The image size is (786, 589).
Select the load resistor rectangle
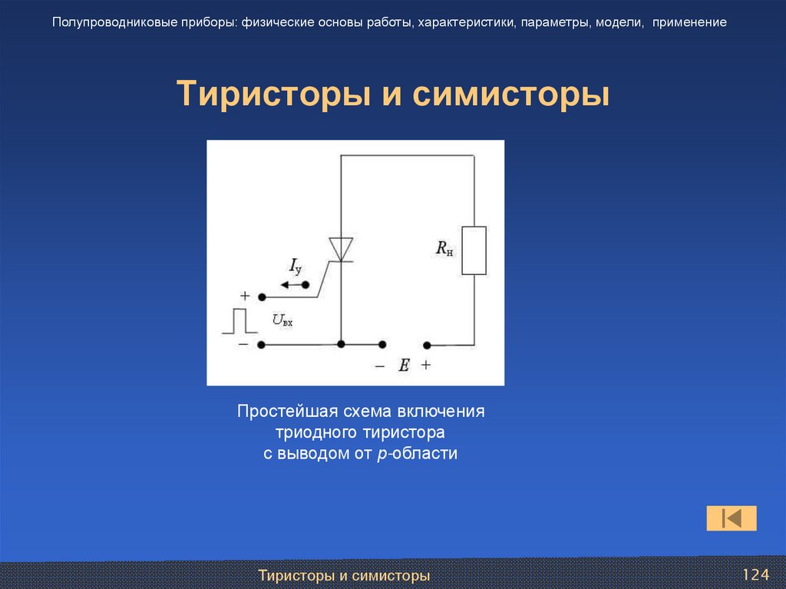click(x=474, y=250)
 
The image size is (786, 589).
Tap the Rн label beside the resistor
click(x=445, y=248)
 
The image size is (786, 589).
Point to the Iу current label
click(x=296, y=266)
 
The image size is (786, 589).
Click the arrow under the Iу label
click(x=292, y=285)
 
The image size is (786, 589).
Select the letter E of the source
click(x=403, y=366)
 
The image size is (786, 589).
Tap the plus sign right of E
click(x=426, y=366)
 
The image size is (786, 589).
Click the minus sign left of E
click(x=379, y=366)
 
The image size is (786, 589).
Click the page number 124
click(x=755, y=575)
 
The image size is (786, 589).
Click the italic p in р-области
click(x=381, y=455)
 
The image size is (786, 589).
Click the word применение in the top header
click(x=690, y=22)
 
